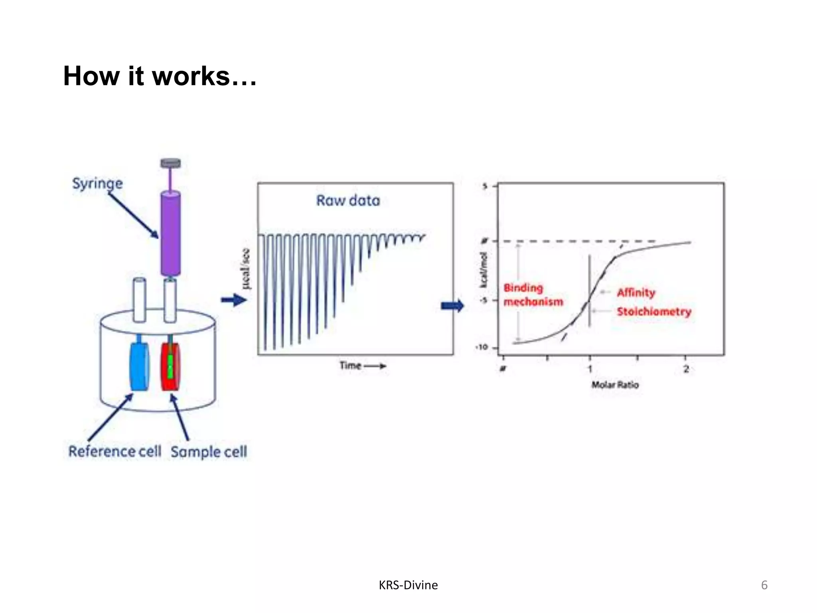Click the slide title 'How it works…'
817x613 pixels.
[160, 76]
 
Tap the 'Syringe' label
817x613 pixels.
[97, 184]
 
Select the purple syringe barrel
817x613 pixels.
[170, 233]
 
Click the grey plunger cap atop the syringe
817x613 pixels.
[170, 163]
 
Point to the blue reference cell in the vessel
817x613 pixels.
[139, 366]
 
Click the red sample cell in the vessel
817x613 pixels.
[170, 366]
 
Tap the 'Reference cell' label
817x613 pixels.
[115, 451]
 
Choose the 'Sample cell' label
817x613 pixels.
[209, 452]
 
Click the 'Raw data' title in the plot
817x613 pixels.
[348, 200]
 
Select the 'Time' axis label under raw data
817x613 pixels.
[351, 366]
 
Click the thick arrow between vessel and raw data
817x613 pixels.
[234, 300]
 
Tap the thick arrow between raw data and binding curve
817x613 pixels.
[452, 306]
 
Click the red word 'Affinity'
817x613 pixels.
[636, 293]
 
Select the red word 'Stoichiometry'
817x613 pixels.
[654, 311]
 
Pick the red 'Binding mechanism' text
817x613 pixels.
[533, 295]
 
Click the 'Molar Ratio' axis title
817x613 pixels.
[615, 385]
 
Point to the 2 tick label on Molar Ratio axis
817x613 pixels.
[686, 369]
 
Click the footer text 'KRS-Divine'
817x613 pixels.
[408, 585]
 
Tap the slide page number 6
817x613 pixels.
[764, 585]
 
